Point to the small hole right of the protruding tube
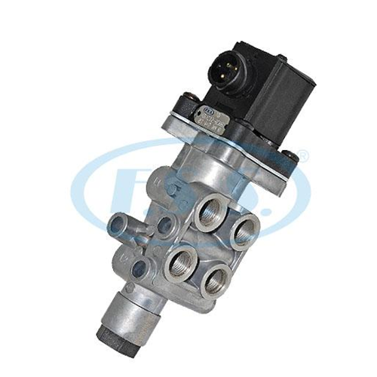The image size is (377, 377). click(x=161, y=223)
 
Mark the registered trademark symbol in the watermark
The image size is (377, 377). click(x=303, y=157)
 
